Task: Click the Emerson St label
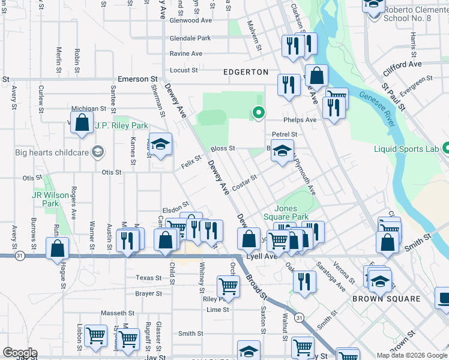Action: coord(137,79)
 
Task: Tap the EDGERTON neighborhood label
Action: coord(246,72)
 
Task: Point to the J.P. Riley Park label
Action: coord(121,126)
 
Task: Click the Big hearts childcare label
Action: coord(52,151)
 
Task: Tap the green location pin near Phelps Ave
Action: coord(259,112)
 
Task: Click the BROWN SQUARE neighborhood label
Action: coord(386,299)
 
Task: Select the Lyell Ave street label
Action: coord(264,256)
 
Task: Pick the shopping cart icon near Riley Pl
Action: coord(228,286)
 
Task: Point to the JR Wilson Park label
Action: coord(46,199)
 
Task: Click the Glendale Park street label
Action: coord(190,38)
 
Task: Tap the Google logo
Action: coord(20,353)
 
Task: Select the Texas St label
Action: coord(148,278)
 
